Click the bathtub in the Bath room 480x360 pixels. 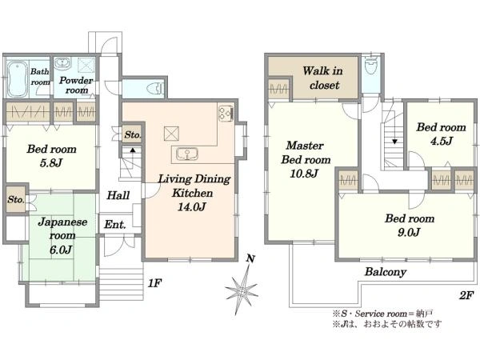tap(18, 78)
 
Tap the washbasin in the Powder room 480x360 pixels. tap(62, 64)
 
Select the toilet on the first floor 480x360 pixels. tap(155, 89)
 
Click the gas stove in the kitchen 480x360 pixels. tap(226, 113)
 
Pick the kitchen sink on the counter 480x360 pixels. tap(187, 154)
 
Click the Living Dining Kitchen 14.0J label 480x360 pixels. tap(194, 193)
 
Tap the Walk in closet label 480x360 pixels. tap(323, 78)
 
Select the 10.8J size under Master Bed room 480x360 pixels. tap(303, 174)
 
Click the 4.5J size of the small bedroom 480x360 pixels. tap(441, 141)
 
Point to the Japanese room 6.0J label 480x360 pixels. tap(62, 236)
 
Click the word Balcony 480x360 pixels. tap(386, 272)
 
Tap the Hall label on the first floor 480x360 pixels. tap(118, 195)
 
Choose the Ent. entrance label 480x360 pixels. tap(114, 225)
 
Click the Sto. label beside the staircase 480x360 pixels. tap(133, 134)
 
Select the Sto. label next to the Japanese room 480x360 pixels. tap(16, 200)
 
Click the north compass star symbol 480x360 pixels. tap(242, 290)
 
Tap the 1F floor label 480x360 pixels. tap(154, 283)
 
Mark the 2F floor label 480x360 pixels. tap(466, 296)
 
